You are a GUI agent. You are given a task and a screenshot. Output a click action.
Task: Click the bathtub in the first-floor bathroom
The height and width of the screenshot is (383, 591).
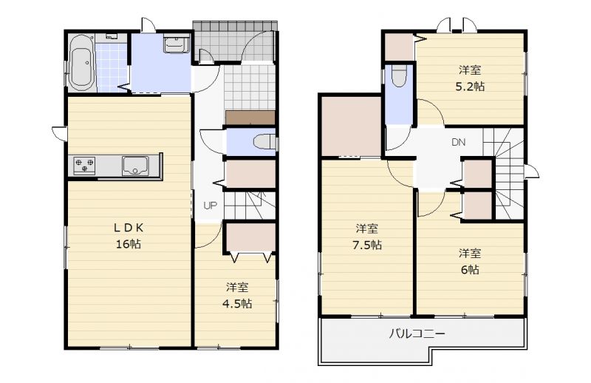tap(81, 63)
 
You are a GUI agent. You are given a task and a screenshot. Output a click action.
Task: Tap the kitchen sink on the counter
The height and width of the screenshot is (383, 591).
tap(135, 166)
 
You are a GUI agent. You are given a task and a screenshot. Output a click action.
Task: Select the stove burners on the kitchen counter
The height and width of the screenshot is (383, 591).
tap(84, 166)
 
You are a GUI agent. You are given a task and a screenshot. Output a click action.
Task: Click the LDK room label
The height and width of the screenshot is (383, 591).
tap(129, 228)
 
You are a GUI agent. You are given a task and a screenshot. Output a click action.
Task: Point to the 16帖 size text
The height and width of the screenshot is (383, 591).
tap(129, 244)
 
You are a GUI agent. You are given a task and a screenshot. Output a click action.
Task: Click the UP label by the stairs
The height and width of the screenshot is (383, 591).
tap(210, 206)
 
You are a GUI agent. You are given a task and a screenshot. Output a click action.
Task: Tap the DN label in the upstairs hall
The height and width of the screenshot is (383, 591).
tap(458, 142)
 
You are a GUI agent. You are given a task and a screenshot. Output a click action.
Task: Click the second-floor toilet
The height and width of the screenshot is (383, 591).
tap(399, 76)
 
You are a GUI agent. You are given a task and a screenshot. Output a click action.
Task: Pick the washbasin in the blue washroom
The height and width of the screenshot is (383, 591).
tap(177, 44)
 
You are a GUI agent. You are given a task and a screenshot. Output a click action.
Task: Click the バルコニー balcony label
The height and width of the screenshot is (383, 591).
tap(417, 333)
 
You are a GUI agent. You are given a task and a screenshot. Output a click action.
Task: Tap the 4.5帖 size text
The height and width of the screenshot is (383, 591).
tap(237, 303)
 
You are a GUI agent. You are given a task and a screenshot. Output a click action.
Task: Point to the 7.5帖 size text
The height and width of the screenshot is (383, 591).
tap(367, 245)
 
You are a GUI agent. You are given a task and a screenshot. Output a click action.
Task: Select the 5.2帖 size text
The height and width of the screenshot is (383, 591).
tap(470, 87)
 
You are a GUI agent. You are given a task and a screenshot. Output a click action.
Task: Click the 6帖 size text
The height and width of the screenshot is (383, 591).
tap(470, 270)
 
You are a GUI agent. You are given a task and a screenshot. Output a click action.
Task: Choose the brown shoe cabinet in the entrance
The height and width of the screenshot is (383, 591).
tap(250, 118)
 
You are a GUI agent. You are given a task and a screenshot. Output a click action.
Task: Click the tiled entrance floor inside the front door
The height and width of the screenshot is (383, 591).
tap(250, 87)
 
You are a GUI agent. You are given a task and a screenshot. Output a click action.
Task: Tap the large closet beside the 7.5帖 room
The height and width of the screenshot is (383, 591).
tap(351, 126)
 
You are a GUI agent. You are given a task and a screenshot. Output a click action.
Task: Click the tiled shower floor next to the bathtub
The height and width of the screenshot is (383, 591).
tap(112, 67)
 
